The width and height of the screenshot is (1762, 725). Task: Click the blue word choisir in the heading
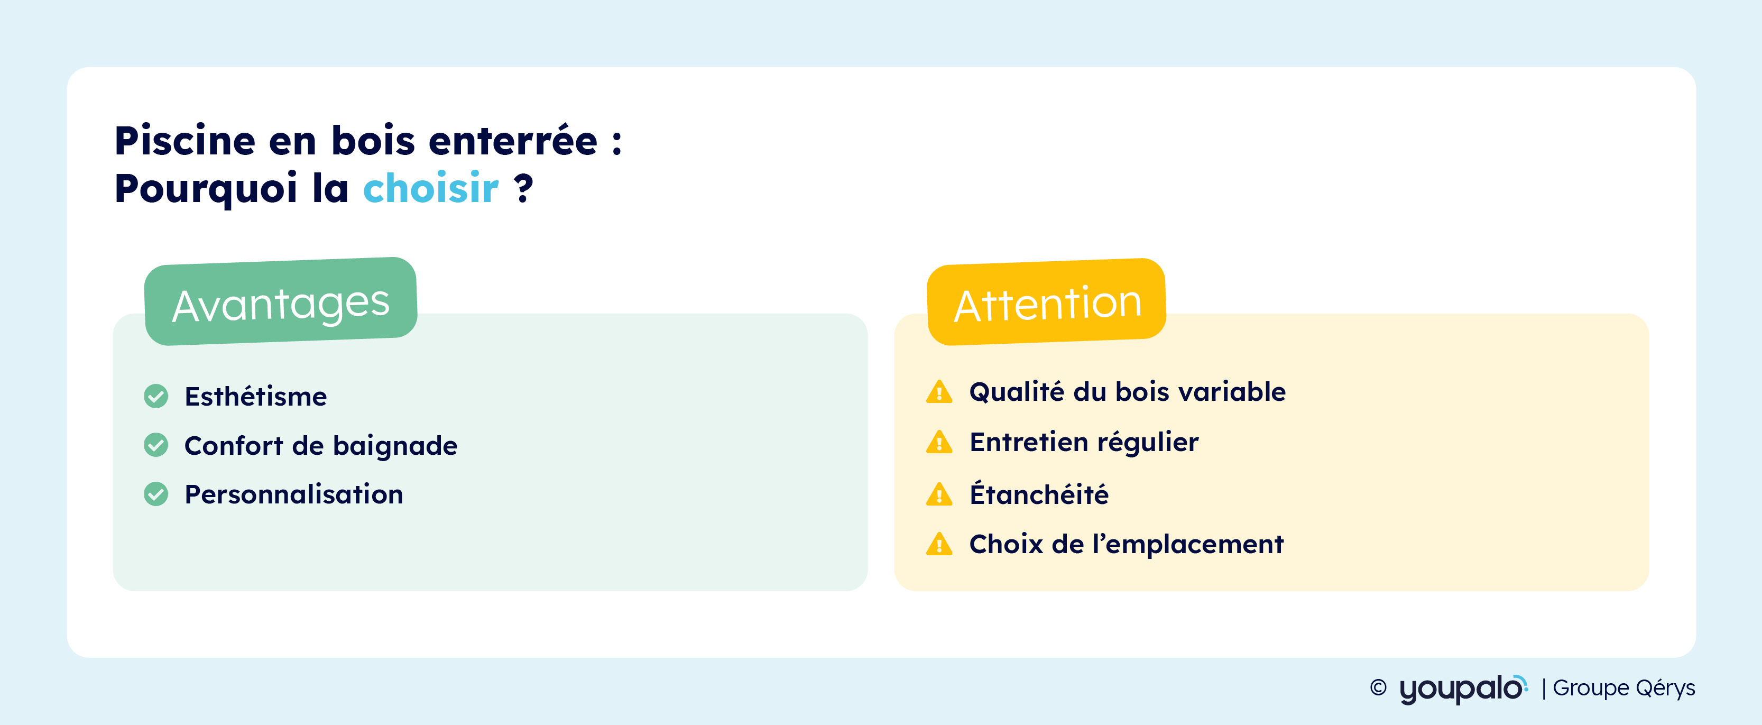(x=431, y=188)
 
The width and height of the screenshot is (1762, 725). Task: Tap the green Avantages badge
(x=280, y=301)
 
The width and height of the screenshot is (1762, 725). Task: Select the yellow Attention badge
(x=1047, y=301)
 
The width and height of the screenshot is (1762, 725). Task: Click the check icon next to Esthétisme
(x=156, y=396)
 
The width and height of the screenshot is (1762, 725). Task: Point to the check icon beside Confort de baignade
(x=156, y=445)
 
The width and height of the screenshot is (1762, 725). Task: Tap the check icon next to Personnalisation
(x=156, y=494)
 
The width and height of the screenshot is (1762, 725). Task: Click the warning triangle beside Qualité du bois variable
(x=939, y=392)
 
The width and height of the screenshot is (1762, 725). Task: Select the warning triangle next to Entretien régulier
(x=939, y=443)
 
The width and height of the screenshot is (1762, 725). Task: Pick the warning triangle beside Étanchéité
(x=939, y=494)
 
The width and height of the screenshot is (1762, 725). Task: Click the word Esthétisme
(x=256, y=396)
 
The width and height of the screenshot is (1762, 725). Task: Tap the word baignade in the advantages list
(x=395, y=446)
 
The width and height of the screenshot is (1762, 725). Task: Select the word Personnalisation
(x=294, y=494)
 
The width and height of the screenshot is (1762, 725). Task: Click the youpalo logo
(x=1464, y=688)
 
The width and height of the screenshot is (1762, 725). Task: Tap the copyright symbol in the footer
(x=1378, y=687)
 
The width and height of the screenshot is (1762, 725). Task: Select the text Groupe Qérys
(x=1624, y=687)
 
